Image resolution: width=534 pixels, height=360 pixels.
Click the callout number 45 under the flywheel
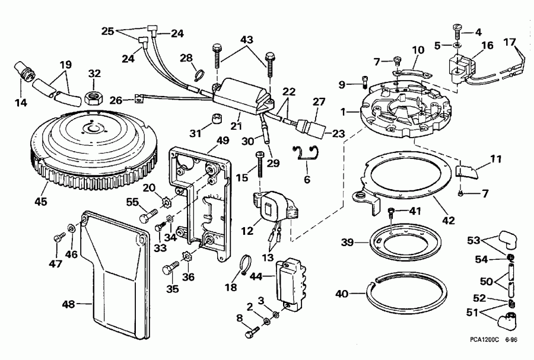[41, 202]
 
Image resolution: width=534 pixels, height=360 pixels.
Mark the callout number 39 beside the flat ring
[347, 243]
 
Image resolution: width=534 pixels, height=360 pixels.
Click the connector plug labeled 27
[311, 127]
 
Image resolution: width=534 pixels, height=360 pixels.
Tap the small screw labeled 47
[58, 238]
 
